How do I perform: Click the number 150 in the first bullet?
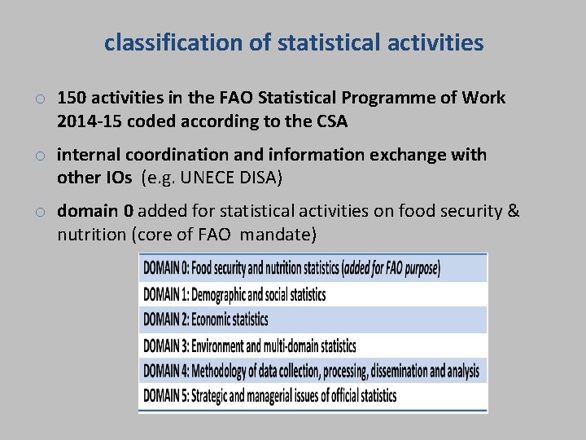[72, 99]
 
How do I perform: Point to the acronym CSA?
[330, 122]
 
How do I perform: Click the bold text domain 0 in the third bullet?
[95, 212]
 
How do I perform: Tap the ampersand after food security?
[513, 212]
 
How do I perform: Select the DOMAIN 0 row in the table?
[313, 268]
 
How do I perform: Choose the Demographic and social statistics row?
[313, 294]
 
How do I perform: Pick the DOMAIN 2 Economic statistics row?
[313, 319]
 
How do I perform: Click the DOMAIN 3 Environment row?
[313, 345]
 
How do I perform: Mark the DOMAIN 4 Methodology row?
[313, 371]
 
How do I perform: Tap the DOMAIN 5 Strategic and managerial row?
[313, 396]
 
